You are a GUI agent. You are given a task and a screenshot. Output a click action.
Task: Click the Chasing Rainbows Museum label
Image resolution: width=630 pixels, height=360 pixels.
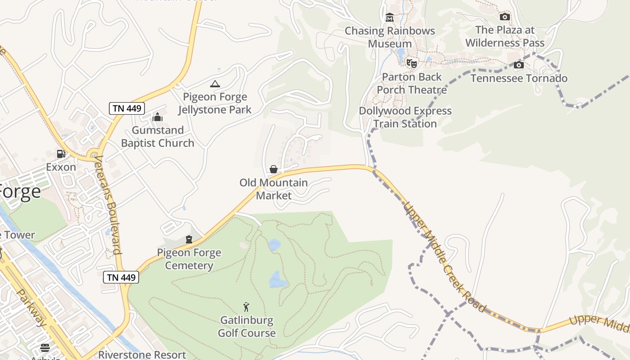tap(390, 37)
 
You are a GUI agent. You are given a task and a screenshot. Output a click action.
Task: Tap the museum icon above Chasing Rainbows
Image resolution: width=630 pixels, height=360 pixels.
tap(390, 18)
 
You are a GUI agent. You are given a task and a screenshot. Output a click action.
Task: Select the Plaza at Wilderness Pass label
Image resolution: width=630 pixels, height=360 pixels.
tap(505, 36)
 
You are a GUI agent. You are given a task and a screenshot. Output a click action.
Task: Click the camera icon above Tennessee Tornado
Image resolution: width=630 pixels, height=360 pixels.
tap(519, 65)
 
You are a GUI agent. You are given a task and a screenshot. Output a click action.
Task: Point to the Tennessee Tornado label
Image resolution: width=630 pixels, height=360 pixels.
tap(519, 78)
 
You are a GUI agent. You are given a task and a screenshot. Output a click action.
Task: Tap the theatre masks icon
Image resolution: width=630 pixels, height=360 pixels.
tap(411, 63)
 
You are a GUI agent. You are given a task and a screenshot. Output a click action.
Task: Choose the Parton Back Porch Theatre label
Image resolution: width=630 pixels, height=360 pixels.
tap(411, 83)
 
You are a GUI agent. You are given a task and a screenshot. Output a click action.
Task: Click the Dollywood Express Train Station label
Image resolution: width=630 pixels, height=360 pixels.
tap(405, 117)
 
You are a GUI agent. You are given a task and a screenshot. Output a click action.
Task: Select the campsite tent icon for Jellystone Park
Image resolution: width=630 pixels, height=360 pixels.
tap(215, 84)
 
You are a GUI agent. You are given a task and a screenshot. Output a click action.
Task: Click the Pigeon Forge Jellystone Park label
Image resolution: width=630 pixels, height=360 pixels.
tap(215, 103)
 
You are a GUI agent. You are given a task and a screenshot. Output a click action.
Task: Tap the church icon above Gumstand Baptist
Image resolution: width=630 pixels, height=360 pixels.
tap(157, 117)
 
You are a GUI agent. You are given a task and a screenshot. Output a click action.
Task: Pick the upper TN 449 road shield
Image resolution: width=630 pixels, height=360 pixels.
tap(127, 108)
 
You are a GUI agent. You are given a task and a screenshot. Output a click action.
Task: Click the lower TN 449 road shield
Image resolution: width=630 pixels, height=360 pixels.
tap(121, 277)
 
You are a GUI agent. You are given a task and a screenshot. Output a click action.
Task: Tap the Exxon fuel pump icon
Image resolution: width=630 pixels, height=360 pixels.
tap(61, 154)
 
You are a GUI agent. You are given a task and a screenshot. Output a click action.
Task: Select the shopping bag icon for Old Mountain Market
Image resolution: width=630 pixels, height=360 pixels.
tap(273, 169)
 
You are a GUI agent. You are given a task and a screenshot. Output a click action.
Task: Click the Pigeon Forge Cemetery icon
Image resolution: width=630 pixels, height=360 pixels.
tap(189, 239)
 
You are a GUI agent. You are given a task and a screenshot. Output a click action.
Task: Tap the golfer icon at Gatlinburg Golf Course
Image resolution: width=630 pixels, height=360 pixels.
tap(246, 307)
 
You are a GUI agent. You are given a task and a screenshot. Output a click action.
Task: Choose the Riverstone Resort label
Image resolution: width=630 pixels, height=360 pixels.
tap(142, 355)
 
